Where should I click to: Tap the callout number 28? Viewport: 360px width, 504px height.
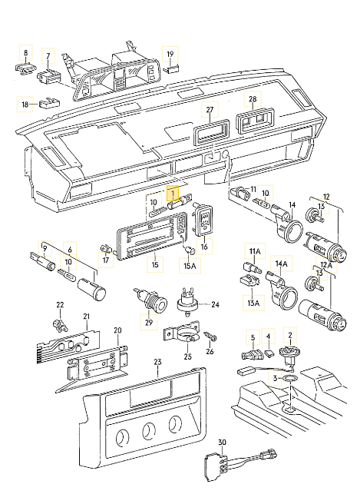[x=253, y=101]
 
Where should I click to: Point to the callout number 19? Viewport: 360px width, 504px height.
[x=170, y=54]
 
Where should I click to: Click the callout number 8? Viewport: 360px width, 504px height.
[x=25, y=54]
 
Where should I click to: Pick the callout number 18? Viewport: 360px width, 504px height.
[x=25, y=104]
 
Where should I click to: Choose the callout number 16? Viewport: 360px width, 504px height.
[x=204, y=248]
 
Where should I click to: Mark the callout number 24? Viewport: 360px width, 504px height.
[x=215, y=304]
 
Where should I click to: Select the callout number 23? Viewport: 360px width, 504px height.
[x=157, y=362]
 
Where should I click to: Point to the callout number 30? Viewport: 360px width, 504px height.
[x=223, y=443]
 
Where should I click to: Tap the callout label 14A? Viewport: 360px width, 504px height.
[x=281, y=264]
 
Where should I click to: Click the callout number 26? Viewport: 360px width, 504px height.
[x=209, y=353]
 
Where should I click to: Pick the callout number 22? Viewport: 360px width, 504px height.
[x=60, y=305]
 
